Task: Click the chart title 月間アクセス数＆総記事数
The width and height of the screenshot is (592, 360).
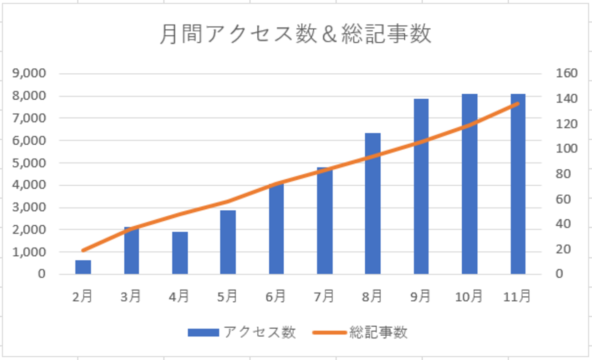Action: coord(295,35)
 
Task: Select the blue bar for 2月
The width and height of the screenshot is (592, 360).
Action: coord(83,267)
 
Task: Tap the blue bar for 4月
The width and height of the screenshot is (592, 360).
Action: coord(180,253)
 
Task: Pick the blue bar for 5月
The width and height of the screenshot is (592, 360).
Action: coord(228,242)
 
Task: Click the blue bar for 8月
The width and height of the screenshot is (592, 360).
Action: coord(373,203)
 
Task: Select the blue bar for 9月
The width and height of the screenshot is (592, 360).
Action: coord(421,187)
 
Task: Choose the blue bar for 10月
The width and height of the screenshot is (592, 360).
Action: coord(470,184)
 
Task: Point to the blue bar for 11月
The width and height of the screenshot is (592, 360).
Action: coord(518,184)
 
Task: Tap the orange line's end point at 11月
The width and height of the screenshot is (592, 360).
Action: coord(517,104)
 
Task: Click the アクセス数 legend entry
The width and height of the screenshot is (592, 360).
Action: coord(242,332)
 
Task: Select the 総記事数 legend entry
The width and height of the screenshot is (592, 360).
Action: coord(360,332)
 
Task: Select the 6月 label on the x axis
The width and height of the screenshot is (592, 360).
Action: coord(276,297)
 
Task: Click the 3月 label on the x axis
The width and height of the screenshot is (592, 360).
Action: coord(131,297)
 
